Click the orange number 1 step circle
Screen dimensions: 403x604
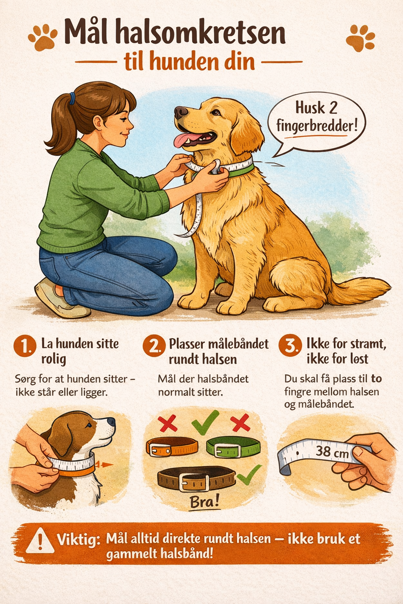(25, 346)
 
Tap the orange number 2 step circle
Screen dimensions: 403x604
(154, 346)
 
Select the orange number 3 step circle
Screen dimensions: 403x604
(290, 345)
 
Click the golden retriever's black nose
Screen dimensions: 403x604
(180, 112)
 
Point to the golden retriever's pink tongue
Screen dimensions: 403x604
(183, 140)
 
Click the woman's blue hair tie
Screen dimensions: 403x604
(72, 98)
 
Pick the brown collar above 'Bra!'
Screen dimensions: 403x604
(196, 479)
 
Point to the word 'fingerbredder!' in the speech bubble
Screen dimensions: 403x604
(317, 126)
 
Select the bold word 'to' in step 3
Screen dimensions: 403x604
(376, 379)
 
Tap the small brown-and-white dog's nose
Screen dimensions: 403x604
(111, 422)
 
